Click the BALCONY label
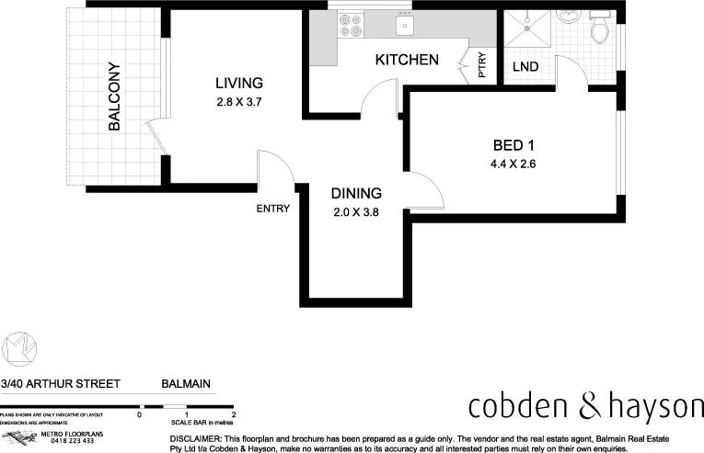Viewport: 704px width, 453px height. (x=115, y=96)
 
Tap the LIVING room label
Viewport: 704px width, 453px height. (x=239, y=82)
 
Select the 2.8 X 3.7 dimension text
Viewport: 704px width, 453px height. (x=239, y=102)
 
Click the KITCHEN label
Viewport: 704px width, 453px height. (x=406, y=61)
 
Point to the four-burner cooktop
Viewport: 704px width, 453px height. (x=351, y=25)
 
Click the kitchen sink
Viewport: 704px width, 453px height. (x=402, y=25)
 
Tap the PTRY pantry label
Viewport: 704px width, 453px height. (x=482, y=69)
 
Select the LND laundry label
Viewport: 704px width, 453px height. (x=525, y=67)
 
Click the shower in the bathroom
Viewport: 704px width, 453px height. (x=526, y=29)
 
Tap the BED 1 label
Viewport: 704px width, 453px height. (x=514, y=145)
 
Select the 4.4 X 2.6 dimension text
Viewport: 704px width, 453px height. (x=514, y=165)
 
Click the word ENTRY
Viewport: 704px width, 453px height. (x=273, y=209)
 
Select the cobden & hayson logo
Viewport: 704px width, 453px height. (x=585, y=405)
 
